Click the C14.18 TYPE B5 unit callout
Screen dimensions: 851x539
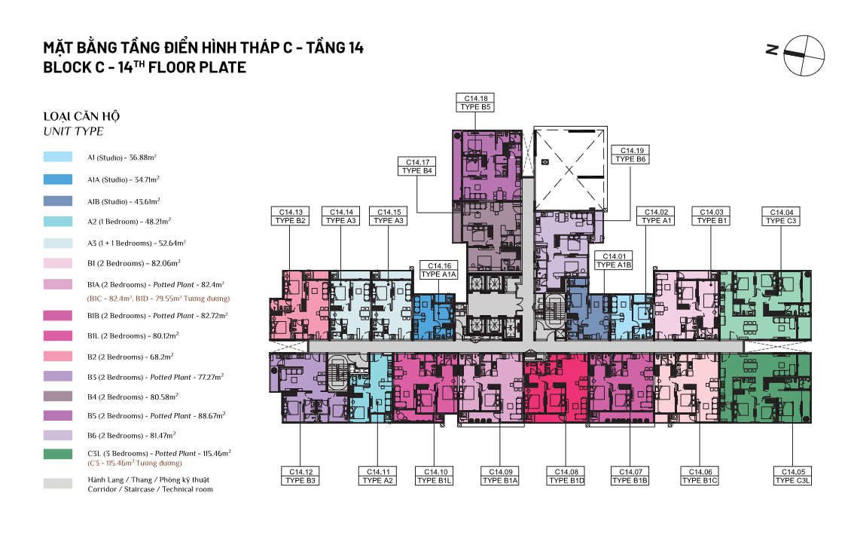pyautogui.click(x=475, y=103)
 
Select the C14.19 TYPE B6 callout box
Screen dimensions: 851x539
pyautogui.click(x=630, y=155)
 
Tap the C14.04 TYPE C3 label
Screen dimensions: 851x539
pyautogui.click(x=781, y=216)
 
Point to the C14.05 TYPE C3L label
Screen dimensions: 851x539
pyautogui.click(x=792, y=476)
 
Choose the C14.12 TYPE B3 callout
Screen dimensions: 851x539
pyautogui.click(x=300, y=476)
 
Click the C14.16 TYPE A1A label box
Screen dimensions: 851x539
pyautogui.click(x=439, y=270)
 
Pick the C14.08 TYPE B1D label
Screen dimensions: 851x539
pyautogui.click(x=566, y=476)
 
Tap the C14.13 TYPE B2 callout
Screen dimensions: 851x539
pyautogui.click(x=291, y=216)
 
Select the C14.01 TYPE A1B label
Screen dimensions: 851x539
pyautogui.click(x=614, y=260)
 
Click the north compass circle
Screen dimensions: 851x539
pyautogui.click(x=804, y=56)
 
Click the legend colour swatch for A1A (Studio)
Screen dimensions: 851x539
pyautogui.click(x=58, y=179)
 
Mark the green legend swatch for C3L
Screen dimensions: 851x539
pyautogui.click(x=58, y=455)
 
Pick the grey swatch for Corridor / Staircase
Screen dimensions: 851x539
pyautogui.click(x=58, y=483)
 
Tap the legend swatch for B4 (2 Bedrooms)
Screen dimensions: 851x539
pyautogui.click(x=58, y=397)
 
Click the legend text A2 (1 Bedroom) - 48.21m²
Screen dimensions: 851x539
pyautogui.click(x=130, y=221)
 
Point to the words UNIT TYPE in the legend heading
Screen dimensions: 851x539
pyautogui.click(x=73, y=131)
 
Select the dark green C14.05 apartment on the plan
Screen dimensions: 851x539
pyautogui.click(x=765, y=388)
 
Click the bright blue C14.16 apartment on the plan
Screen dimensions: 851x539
pyautogui.click(x=434, y=318)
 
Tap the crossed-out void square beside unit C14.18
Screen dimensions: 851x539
pyautogui.click(x=569, y=170)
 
